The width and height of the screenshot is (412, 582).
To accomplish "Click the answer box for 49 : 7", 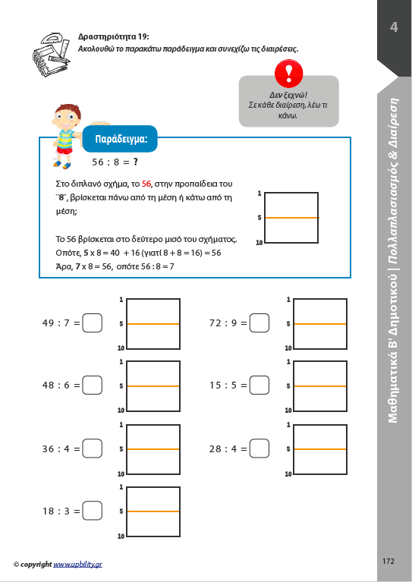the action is click(x=92, y=323).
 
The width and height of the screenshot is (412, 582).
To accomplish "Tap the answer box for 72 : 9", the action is click(x=259, y=323).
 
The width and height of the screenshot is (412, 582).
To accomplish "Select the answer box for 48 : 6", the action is click(x=92, y=385).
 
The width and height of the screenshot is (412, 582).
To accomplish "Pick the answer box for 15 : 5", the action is click(x=259, y=385).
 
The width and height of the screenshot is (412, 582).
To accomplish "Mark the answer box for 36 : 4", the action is click(x=92, y=448).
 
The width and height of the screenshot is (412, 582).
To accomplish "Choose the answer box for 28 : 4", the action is click(x=259, y=448).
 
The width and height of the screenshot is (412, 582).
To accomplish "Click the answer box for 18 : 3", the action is click(x=92, y=511).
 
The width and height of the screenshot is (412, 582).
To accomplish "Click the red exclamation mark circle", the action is click(x=289, y=74).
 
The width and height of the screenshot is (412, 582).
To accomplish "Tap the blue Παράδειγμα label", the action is click(x=120, y=139).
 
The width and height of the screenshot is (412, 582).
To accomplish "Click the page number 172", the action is click(x=388, y=561).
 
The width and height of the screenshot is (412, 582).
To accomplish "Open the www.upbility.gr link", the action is click(x=77, y=565).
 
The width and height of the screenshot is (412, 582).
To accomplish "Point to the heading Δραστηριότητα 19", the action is click(x=114, y=36).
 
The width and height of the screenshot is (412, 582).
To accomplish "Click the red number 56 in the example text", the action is click(x=146, y=184).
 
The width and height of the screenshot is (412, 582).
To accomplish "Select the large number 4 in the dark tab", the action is click(x=394, y=27).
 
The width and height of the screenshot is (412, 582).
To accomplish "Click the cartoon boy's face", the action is click(x=67, y=119).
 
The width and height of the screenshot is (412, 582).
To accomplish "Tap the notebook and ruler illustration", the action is click(x=52, y=55).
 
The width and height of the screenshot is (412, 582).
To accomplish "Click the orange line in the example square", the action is click(x=292, y=218).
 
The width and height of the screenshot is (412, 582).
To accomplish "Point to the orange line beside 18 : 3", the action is click(x=153, y=511).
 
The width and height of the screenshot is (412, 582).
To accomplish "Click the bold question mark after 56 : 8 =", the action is click(x=136, y=162).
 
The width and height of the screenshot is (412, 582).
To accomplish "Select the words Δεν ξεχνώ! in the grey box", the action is click(x=288, y=95).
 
